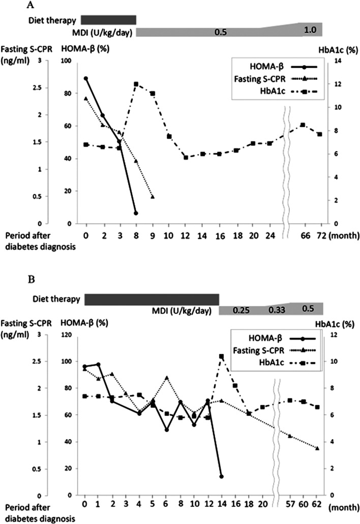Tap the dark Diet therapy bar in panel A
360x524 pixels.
[x=108, y=20]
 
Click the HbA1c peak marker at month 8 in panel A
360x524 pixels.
[x=136, y=84]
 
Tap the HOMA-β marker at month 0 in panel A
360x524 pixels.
[x=86, y=78]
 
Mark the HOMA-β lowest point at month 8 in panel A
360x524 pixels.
[x=136, y=213]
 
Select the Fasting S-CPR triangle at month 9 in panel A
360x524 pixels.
[x=153, y=197]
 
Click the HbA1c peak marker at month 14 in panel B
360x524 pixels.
[x=221, y=356]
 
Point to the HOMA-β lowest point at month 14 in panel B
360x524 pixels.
[x=221, y=476]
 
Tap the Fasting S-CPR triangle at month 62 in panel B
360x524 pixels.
[x=317, y=448]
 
